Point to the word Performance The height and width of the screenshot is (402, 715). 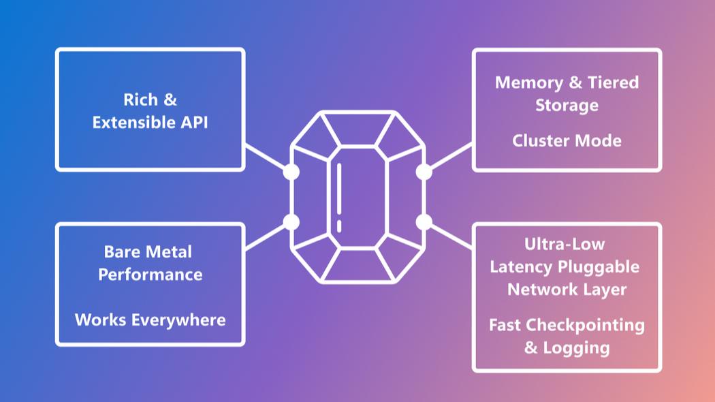[150, 275]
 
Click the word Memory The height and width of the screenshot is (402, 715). [528, 83]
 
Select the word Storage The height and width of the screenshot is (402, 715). [567, 106]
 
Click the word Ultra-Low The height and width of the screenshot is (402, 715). [565, 244]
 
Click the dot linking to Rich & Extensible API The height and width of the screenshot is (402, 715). [291, 172]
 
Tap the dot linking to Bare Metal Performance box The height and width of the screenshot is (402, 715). [291, 221]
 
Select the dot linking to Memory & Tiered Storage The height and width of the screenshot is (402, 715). [424, 172]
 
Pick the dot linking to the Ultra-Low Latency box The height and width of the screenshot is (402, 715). [424, 221]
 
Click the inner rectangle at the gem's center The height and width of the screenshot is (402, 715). [357, 197]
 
